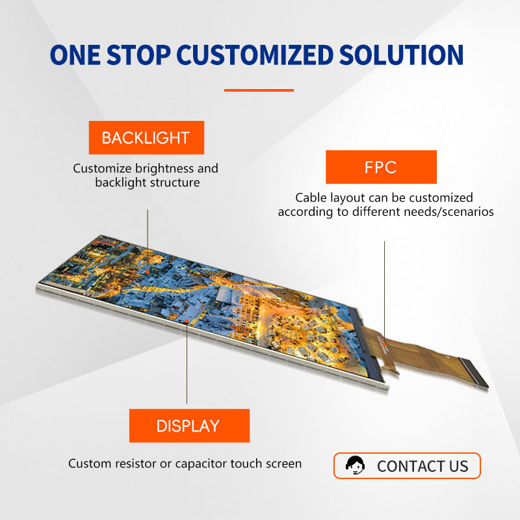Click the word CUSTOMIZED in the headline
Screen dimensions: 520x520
point(255,55)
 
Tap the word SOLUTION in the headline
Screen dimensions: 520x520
point(401,55)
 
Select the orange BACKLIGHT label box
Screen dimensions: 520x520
point(146,138)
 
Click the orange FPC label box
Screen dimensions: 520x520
point(381,167)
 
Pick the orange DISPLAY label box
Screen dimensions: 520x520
point(189,426)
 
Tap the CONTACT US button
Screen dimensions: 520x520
point(407,465)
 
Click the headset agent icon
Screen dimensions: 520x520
point(355,465)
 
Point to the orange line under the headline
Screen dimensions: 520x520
point(259,90)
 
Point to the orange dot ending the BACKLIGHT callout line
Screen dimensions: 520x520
point(148,272)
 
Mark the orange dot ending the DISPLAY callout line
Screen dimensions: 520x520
point(187,320)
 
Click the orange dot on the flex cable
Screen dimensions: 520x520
point(384,344)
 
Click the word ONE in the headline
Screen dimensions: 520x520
point(75,55)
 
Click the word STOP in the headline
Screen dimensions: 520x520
point(138,55)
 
